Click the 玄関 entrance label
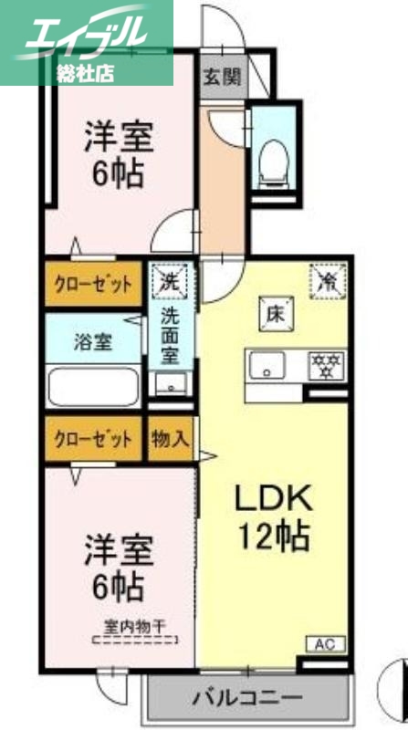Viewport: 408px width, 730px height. pyautogui.click(x=222, y=76)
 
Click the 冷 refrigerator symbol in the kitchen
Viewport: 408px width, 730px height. pyautogui.click(x=327, y=279)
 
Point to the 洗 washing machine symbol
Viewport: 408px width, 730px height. pyautogui.click(x=171, y=277)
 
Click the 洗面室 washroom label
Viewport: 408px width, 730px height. pyautogui.click(x=171, y=335)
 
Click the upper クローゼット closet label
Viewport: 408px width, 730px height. pyautogui.click(x=90, y=284)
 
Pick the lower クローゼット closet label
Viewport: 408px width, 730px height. pyautogui.click(x=90, y=437)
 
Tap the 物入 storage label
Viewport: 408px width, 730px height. pyautogui.click(x=171, y=437)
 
